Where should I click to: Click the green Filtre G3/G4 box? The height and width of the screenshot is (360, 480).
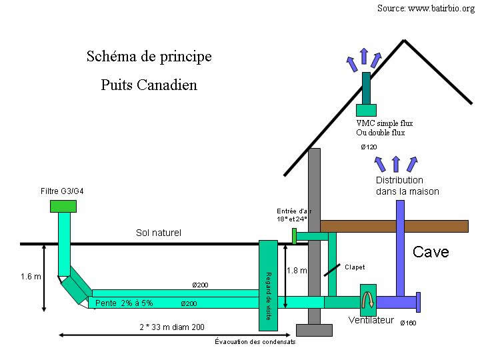[x=63, y=206]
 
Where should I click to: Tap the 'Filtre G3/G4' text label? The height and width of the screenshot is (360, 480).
[x=63, y=191]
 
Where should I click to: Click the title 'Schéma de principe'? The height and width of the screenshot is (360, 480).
[x=149, y=57]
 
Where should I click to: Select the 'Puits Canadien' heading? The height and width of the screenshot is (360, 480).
[x=149, y=85]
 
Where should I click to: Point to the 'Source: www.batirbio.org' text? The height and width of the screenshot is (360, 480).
[x=426, y=9]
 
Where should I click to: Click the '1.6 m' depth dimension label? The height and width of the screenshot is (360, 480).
[x=31, y=276]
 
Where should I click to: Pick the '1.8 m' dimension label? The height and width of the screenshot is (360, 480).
[x=297, y=271]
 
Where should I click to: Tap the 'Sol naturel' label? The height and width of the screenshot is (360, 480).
[x=158, y=233]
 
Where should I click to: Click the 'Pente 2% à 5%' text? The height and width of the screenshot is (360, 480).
[x=124, y=303]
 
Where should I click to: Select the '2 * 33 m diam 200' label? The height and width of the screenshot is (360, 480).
[x=172, y=327]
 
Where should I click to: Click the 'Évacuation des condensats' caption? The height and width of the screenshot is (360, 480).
[x=255, y=342]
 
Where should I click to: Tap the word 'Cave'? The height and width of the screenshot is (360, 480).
[x=431, y=252]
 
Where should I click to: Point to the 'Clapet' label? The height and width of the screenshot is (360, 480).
[x=355, y=267]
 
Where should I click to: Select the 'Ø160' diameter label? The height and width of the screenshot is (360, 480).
[x=407, y=323]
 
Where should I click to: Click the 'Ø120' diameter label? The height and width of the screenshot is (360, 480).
[x=369, y=147]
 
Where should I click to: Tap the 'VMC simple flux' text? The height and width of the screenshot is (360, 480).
[x=385, y=123]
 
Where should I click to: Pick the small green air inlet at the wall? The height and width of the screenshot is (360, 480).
[x=294, y=236]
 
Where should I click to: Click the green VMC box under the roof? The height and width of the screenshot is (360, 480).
[x=366, y=110]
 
